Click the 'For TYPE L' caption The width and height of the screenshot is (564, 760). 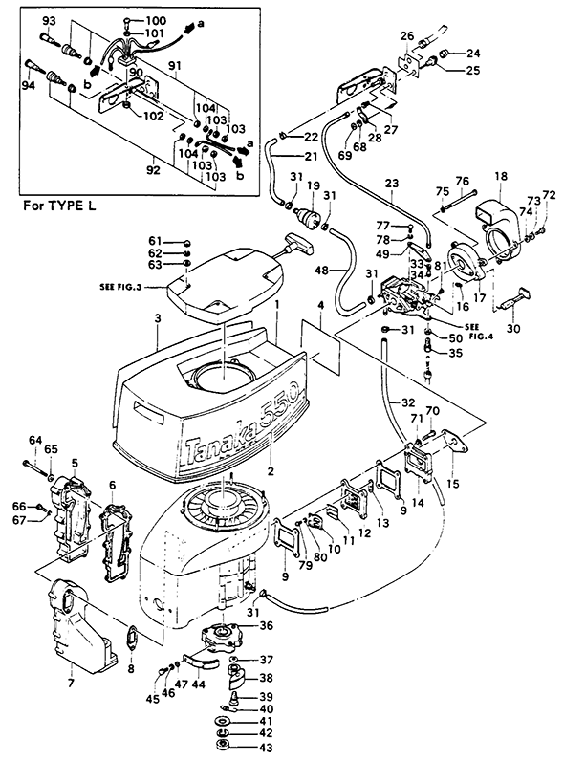pyautogui.click(x=59, y=206)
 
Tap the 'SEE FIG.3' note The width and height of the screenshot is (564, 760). pyautogui.click(x=120, y=287)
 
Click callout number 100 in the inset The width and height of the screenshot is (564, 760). pyautogui.click(x=156, y=21)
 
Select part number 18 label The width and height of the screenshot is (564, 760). pyautogui.click(x=501, y=176)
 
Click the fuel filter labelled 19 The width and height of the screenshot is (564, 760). pyautogui.click(x=310, y=214)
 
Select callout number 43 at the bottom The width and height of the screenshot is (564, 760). pyautogui.click(x=266, y=748)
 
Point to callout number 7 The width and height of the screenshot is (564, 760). pyautogui.click(x=71, y=684)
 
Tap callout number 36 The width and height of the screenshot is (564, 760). pyautogui.click(x=267, y=626)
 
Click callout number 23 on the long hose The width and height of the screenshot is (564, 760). pyautogui.click(x=392, y=184)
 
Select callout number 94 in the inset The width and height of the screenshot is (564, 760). pyautogui.click(x=29, y=86)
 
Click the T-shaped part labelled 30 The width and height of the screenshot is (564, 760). pyautogui.click(x=513, y=300)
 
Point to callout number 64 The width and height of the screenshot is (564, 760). pyautogui.click(x=35, y=440)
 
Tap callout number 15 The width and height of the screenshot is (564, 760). pyautogui.click(x=453, y=483)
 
